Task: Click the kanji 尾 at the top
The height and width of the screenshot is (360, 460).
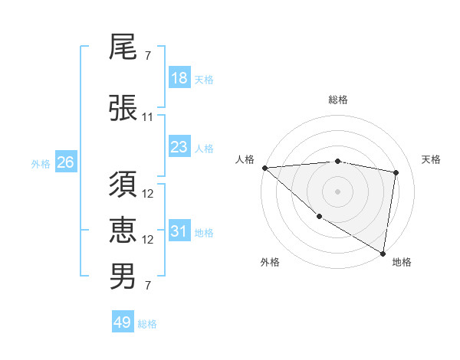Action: pyautogui.click(x=123, y=50)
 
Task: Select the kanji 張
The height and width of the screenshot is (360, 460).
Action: pyautogui.click(x=123, y=109)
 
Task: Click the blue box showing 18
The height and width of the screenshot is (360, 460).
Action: pyautogui.click(x=179, y=78)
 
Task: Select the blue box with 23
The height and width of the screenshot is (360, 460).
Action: pyautogui.click(x=179, y=146)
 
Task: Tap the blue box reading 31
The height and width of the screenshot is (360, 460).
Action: pyautogui.click(x=179, y=232)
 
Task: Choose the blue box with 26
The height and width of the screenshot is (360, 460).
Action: pyautogui.click(x=65, y=162)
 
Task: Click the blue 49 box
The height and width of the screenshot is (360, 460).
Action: pyautogui.click(x=123, y=322)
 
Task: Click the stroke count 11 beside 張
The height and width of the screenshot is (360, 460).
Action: pyautogui.click(x=148, y=117)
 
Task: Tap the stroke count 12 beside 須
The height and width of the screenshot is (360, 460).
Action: pyautogui.click(x=148, y=194)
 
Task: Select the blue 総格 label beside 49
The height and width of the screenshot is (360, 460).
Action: pyautogui.click(x=147, y=324)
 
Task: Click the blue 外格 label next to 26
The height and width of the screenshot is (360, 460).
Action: pyautogui.click(x=41, y=163)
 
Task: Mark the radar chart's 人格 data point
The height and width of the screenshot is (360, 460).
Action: pyautogui.click(x=264, y=168)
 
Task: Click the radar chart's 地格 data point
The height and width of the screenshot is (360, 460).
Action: pyautogui.click(x=383, y=253)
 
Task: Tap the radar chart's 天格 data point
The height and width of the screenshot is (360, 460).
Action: pyautogui.click(x=396, y=172)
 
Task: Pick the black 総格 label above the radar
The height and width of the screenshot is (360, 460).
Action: pyautogui.click(x=338, y=100)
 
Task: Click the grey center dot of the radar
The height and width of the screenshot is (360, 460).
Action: pyautogui.click(x=337, y=191)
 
